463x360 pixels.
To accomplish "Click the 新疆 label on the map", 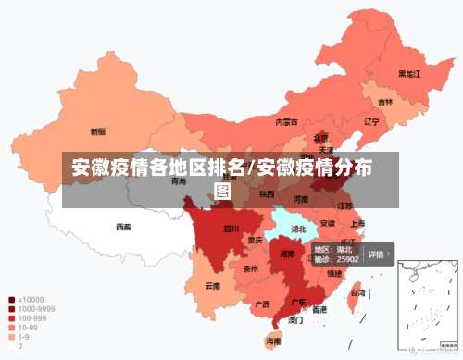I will (x=97, y=131).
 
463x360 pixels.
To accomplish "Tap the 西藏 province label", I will (x=123, y=227).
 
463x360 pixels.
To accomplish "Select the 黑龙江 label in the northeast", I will (x=408, y=73).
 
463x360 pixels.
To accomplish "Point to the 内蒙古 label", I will (x=286, y=121).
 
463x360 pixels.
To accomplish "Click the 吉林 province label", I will (x=384, y=102).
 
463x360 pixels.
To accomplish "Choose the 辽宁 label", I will (x=371, y=121).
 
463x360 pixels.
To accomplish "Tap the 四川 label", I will (x=231, y=229).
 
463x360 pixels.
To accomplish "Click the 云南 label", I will (x=213, y=286).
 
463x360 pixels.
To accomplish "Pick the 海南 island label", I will (x=273, y=341).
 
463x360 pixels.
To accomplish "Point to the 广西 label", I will (x=262, y=304).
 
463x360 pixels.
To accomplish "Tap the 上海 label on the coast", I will (x=357, y=223).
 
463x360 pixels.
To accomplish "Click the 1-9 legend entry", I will (x=21, y=337).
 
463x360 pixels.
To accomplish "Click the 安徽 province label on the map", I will (x=328, y=223).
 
